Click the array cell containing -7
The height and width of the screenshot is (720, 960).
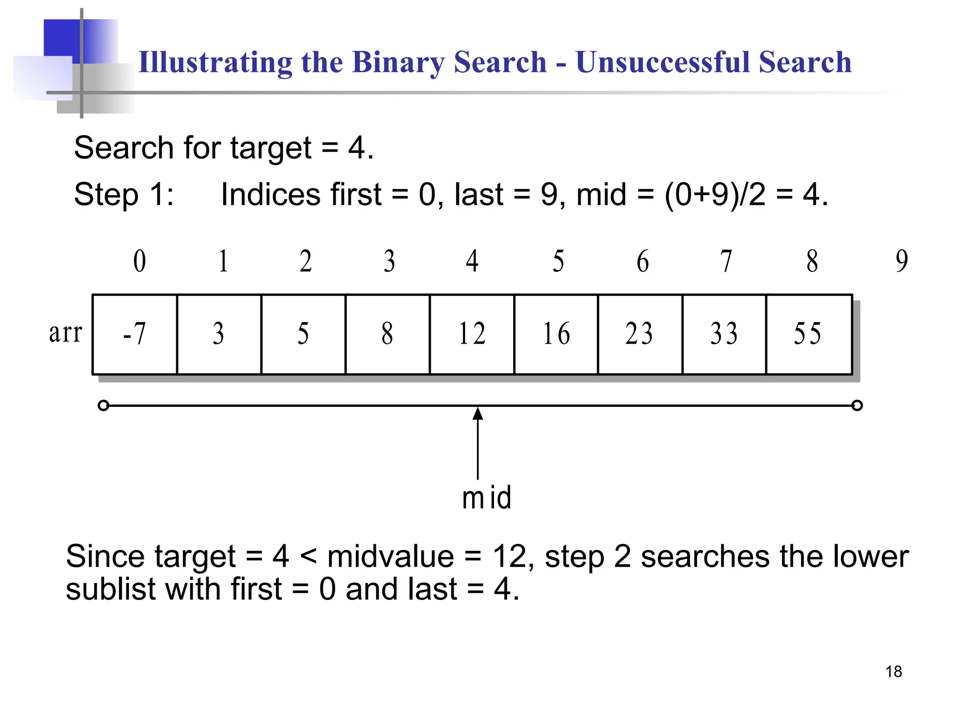click(x=135, y=334)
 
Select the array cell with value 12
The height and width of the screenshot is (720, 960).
click(x=472, y=334)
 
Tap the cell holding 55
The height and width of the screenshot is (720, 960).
click(x=808, y=334)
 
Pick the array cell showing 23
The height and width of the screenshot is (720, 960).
click(x=640, y=334)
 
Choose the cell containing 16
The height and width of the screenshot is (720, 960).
click(x=556, y=334)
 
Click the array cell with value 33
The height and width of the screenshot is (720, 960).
click(x=724, y=334)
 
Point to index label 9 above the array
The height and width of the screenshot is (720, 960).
click(x=901, y=261)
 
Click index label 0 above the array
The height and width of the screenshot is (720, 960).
click(x=140, y=261)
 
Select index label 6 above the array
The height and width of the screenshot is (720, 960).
click(x=643, y=261)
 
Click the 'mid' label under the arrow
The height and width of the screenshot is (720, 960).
click(x=487, y=498)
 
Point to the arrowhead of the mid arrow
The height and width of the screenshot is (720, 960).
click(x=478, y=413)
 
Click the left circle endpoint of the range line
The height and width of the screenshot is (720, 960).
click(x=104, y=405)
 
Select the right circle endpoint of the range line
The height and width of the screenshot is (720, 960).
click(x=857, y=405)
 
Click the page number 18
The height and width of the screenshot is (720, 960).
click(x=893, y=672)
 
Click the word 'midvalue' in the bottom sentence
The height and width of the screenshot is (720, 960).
click(x=390, y=557)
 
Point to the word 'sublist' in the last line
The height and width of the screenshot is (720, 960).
click(x=111, y=589)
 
